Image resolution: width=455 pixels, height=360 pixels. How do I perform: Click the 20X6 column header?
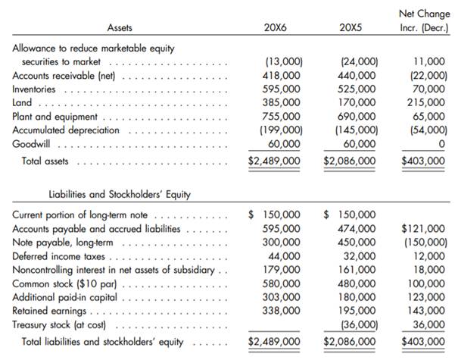point(275,27)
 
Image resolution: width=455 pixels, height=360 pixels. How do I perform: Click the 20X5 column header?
point(351,27)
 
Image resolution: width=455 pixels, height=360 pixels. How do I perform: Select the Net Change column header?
point(422,20)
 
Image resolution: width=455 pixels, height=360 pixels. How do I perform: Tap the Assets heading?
point(120,27)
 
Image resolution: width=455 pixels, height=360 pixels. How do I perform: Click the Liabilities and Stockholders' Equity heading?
point(120,195)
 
